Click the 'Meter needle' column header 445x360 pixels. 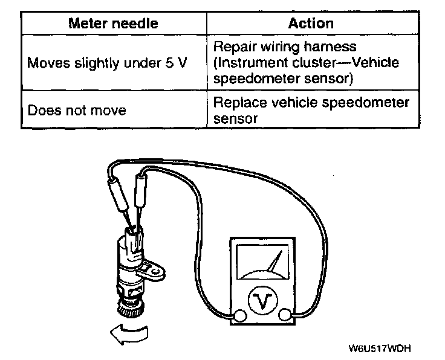pyautogui.click(x=114, y=24)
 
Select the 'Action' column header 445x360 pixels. pyautogui.click(x=311, y=24)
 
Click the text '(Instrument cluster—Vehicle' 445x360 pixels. pyautogui.click(x=307, y=63)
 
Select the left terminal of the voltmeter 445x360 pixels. pyautogui.click(x=240, y=315)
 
